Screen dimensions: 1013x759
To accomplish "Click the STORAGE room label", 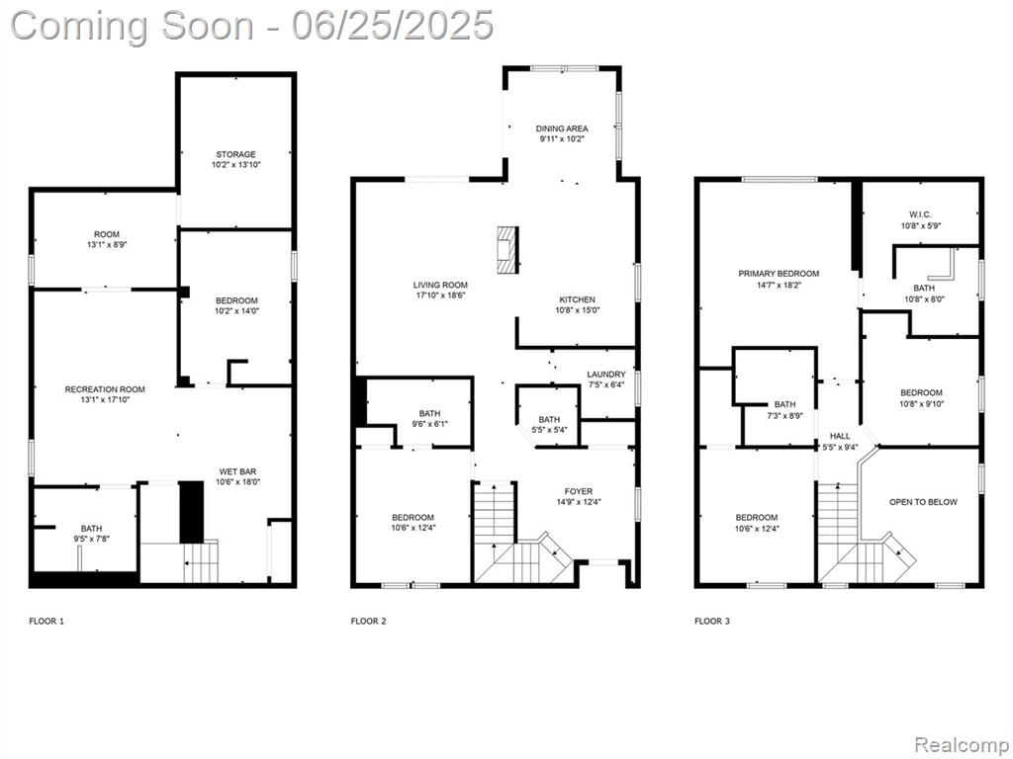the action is pyautogui.click(x=235, y=154).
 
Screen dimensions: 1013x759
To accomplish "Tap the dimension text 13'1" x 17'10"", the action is pyautogui.click(x=105, y=400).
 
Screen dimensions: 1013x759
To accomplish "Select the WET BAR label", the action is pyautogui.click(x=237, y=471).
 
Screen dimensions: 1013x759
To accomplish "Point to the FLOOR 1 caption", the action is pyautogui.click(x=46, y=622).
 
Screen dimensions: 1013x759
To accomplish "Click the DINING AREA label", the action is pyautogui.click(x=562, y=128).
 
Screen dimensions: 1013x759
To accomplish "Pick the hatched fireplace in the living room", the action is pyautogui.click(x=507, y=250).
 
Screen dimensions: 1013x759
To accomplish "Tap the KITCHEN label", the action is pyautogui.click(x=578, y=299).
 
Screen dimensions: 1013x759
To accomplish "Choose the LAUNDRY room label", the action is pyautogui.click(x=606, y=375).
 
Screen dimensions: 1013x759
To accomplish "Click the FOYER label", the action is pyautogui.click(x=578, y=492).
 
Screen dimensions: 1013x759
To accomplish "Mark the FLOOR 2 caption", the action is pyautogui.click(x=368, y=622).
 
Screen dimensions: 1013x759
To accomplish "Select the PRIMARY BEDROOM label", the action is pyautogui.click(x=779, y=274).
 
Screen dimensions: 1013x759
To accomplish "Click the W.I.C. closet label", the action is pyautogui.click(x=921, y=214).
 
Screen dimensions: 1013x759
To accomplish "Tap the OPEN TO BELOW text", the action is pyautogui.click(x=923, y=502).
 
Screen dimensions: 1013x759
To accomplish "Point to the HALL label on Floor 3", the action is pyautogui.click(x=841, y=436).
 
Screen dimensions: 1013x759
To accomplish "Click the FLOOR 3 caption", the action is pyautogui.click(x=712, y=622).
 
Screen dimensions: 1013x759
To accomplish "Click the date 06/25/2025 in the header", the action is pyautogui.click(x=392, y=27).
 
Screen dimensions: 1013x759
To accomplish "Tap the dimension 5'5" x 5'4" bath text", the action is pyautogui.click(x=549, y=429).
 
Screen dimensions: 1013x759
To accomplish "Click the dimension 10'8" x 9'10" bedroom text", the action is pyautogui.click(x=922, y=403).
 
